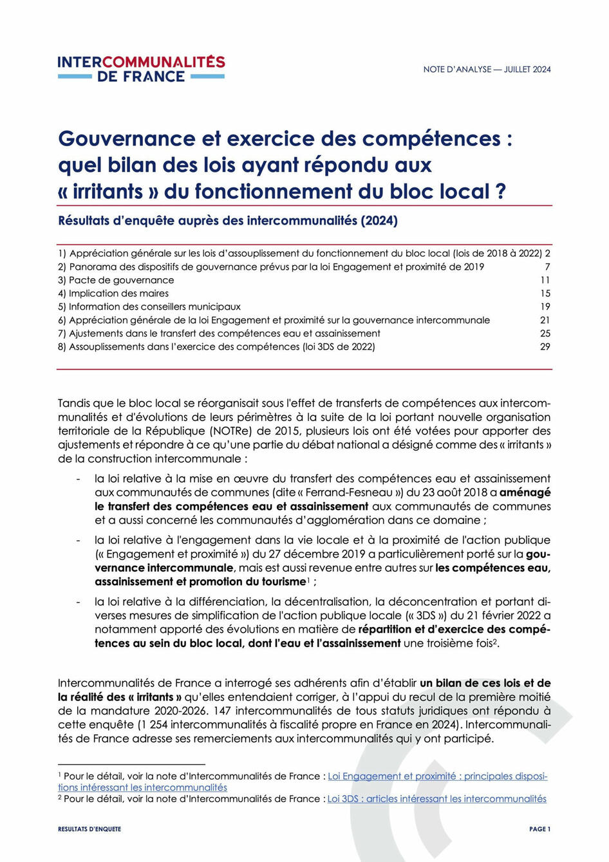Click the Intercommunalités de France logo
click(141, 69)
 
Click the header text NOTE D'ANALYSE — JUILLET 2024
click(487, 70)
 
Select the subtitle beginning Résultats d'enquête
click(228, 221)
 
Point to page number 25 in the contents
click(545, 333)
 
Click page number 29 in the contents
click(545, 347)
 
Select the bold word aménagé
click(525, 492)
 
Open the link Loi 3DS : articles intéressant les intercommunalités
click(436, 799)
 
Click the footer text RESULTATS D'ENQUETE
click(89, 829)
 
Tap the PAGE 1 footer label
click(539, 829)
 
